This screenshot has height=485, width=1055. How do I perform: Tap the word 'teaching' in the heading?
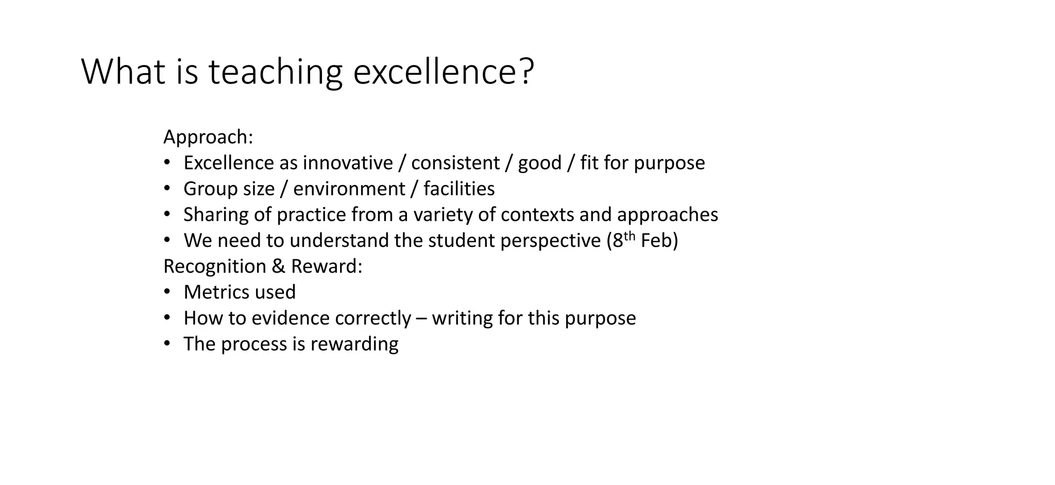(275, 72)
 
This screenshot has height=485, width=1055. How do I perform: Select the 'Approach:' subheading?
(208, 138)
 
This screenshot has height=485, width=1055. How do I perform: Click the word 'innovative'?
(348, 163)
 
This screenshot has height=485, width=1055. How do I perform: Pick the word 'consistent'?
(455, 163)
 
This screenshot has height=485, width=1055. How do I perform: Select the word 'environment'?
(349, 189)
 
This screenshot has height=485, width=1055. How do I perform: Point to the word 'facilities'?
(459, 189)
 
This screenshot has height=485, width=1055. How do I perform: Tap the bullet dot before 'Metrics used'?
(167, 292)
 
